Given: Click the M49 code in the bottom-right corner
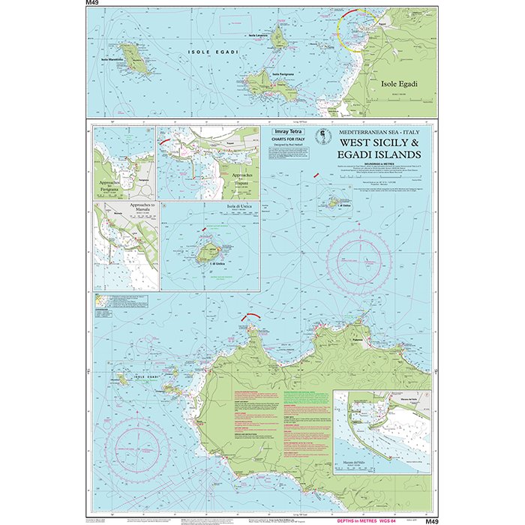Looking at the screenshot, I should tap(430, 521).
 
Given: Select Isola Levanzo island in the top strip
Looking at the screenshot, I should tap(280, 35).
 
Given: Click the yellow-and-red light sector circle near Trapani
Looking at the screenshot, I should tap(358, 28).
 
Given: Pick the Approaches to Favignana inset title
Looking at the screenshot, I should tap(111, 185).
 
